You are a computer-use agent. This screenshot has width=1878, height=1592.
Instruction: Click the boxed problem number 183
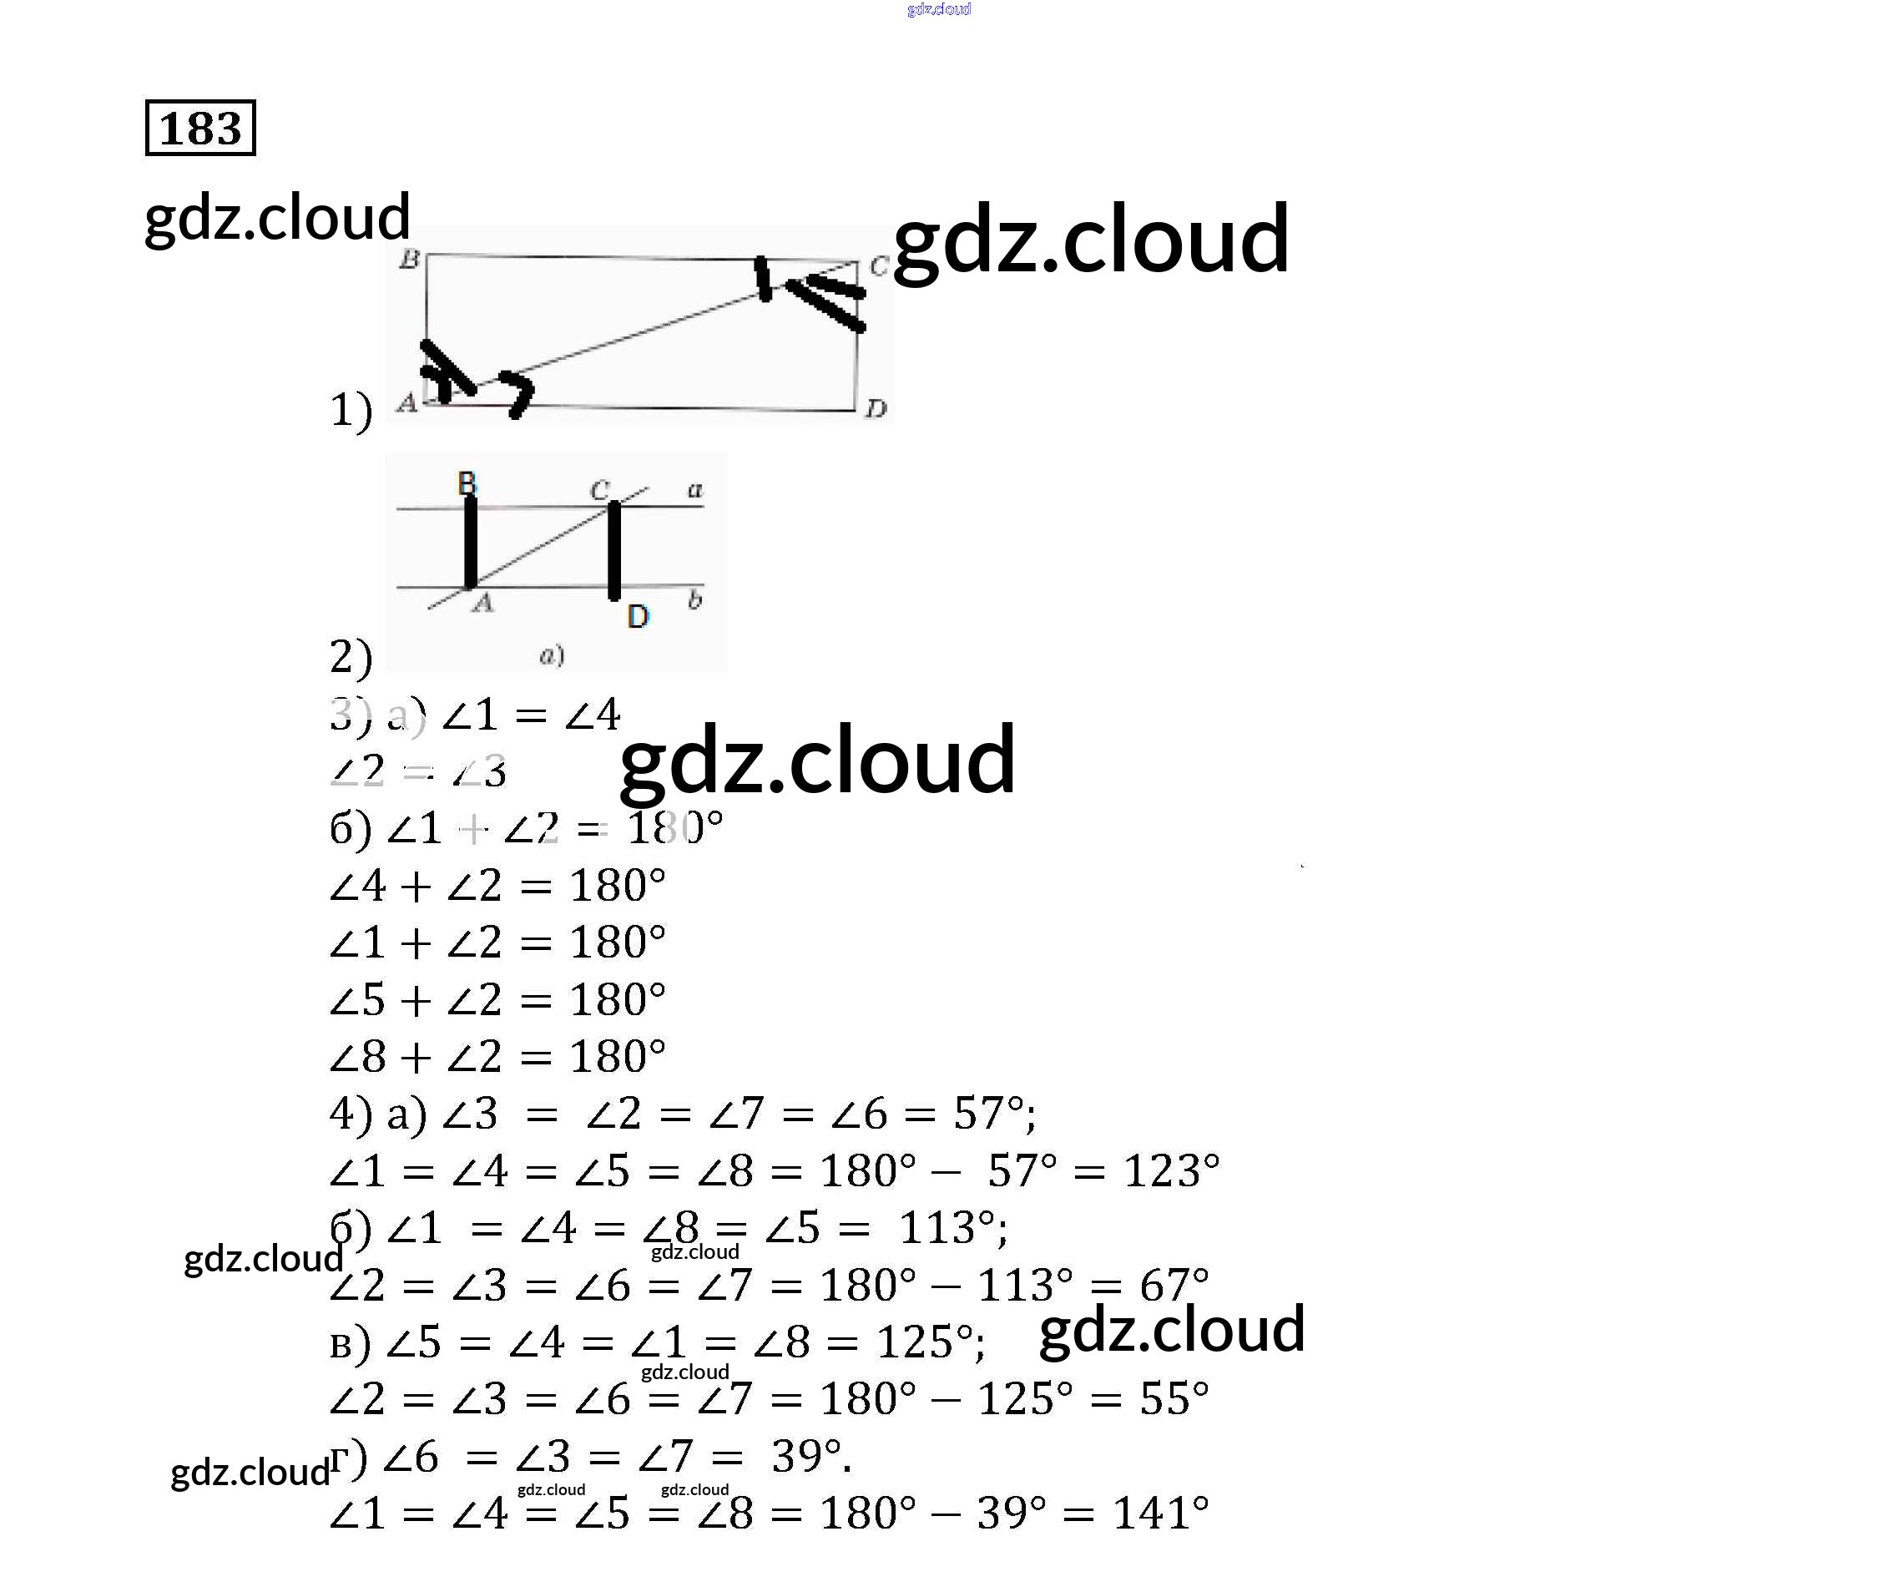coord(200,129)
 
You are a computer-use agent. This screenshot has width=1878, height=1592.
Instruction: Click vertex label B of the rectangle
coord(410,259)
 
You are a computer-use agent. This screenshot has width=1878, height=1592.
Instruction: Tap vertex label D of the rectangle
coord(876,410)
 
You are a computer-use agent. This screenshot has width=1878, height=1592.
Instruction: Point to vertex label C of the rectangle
coord(878,266)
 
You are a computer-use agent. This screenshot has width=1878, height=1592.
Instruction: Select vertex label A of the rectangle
coord(407,402)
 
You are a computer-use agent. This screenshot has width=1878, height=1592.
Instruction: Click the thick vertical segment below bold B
coord(470,542)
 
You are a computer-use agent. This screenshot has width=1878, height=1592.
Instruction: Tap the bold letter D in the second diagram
coord(638,617)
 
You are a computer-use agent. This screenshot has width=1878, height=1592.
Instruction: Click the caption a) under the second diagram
coord(552,655)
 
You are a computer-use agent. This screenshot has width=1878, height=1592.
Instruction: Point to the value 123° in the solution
coord(1170,1171)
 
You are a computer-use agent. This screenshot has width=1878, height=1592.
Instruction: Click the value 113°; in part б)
coord(953,1228)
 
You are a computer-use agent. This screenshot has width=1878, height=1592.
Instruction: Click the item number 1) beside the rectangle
coord(351,411)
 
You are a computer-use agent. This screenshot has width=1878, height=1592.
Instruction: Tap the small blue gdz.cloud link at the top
coord(938,10)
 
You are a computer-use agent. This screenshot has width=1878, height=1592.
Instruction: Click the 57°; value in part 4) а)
coord(994,1114)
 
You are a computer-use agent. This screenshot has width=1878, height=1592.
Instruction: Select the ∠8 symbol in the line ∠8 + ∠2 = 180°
coord(358,1057)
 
